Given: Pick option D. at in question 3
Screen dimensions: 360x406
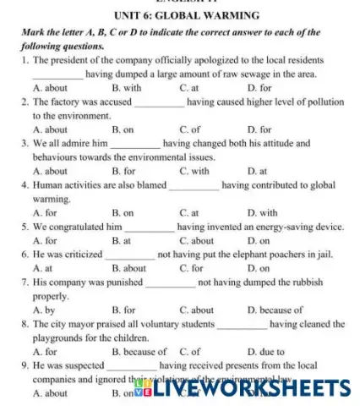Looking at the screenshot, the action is (x=257, y=172).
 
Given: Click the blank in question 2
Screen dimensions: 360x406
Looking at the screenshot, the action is (x=159, y=102).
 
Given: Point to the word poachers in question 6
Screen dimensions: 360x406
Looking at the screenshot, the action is (x=286, y=255).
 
